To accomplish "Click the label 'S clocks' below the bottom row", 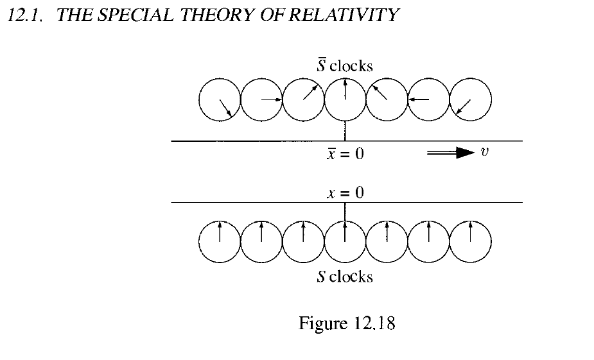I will (x=345, y=277).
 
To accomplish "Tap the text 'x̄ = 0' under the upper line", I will (x=345, y=154).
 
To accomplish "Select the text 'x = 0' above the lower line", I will (x=345, y=192).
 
